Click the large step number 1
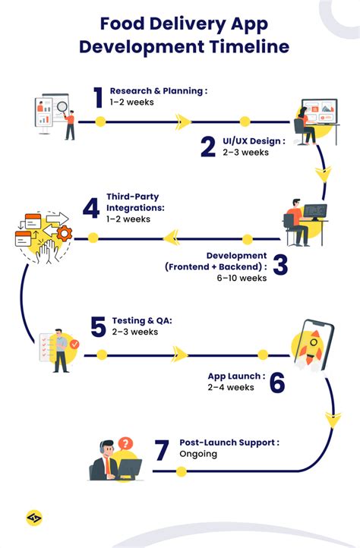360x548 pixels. tap(98, 97)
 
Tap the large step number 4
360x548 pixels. tap(91, 209)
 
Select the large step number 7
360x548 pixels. tap(162, 450)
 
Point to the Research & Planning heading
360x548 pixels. tap(159, 91)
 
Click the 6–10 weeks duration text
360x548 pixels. tap(242, 279)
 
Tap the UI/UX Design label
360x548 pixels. tap(254, 141)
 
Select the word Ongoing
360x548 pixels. tap(198, 455)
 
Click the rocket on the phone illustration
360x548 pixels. tap(312, 347)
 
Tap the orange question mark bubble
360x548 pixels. tap(125, 444)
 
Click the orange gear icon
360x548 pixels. tap(65, 233)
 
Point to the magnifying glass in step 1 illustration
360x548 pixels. tap(62, 107)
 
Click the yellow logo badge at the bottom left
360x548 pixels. tap(34, 518)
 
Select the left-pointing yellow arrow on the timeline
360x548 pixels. tap(172, 238)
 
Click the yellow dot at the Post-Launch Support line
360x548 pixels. tap(182, 472)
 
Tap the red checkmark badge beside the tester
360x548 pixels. tap(74, 345)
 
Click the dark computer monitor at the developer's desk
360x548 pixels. tap(315, 212)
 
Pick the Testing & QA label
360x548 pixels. tap(142, 320)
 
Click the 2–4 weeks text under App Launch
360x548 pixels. tap(231, 387)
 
